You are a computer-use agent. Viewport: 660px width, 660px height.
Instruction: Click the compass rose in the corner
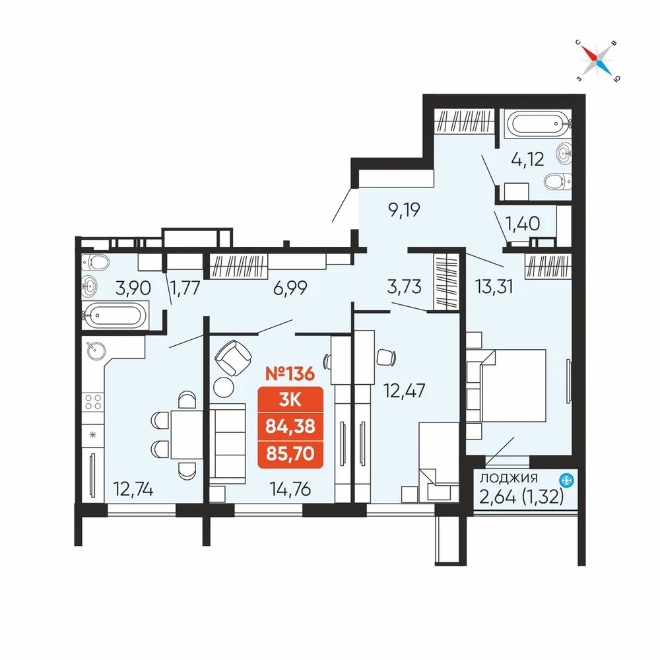coord(597,61)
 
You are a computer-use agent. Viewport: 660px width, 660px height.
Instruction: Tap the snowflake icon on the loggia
coord(566,480)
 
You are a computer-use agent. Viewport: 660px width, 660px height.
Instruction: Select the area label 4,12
coord(527,159)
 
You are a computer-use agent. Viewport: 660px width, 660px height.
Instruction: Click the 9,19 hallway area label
coord(404,209)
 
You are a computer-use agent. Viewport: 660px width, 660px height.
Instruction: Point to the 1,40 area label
coord(522,224)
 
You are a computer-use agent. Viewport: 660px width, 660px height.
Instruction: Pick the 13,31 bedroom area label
coord(494,286)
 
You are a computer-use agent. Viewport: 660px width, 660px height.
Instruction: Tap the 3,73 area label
coord(404,286)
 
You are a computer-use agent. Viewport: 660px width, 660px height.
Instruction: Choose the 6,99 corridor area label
coord(290,288)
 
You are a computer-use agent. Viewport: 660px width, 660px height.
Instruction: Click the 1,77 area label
coord(185,288)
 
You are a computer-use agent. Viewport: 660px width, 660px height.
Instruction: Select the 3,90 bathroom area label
coord(133,288)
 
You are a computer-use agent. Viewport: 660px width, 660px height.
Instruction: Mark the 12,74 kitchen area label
coord(133,489)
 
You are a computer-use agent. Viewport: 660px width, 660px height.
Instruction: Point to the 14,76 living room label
coord(290,489)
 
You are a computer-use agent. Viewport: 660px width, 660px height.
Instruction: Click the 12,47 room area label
coord(404,391)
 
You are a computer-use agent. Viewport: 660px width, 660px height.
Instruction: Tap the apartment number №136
coord(290,374)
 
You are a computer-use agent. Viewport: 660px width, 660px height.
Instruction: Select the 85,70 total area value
coord(290,454)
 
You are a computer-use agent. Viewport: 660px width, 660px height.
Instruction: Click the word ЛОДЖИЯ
coord(509,478)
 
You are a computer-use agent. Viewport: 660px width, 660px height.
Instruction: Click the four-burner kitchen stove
coord(93,401)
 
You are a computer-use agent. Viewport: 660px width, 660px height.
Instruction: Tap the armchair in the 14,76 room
coord(233,357)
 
